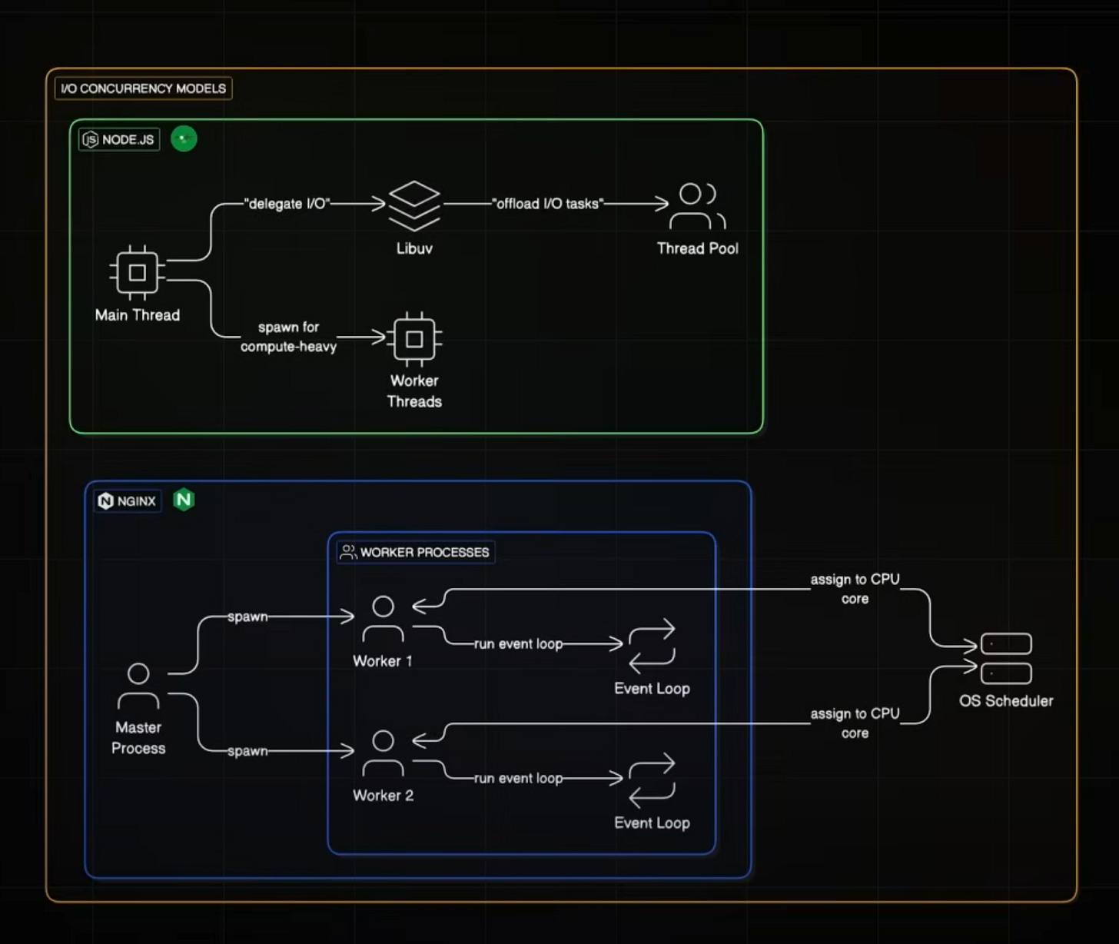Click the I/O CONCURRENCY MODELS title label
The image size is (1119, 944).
[143, 88]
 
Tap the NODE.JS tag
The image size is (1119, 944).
[119, 139]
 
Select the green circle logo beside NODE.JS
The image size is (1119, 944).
[184, 138]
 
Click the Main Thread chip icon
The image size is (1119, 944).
[138, 273]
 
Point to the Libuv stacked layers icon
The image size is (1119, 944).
[414, 205]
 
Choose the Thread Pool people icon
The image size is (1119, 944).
[697, 206]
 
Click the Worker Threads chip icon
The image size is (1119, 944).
[414, 339]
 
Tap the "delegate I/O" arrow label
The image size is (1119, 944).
[287, 204]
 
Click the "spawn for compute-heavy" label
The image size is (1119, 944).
[288, 337]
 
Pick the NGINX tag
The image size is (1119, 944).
[128, 501]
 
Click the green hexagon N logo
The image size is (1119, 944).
[184, 500]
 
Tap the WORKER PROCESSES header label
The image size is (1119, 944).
[416, 552]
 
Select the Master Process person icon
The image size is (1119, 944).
[138, 686]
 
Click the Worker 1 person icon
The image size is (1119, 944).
[383, 619]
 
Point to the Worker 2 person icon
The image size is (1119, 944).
[383, 753]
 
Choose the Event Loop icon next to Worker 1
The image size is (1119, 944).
[652, 645]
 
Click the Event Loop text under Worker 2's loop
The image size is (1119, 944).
[652, 823]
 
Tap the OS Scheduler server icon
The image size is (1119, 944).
[1006, 659]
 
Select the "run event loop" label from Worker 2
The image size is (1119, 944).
[518, 778]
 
